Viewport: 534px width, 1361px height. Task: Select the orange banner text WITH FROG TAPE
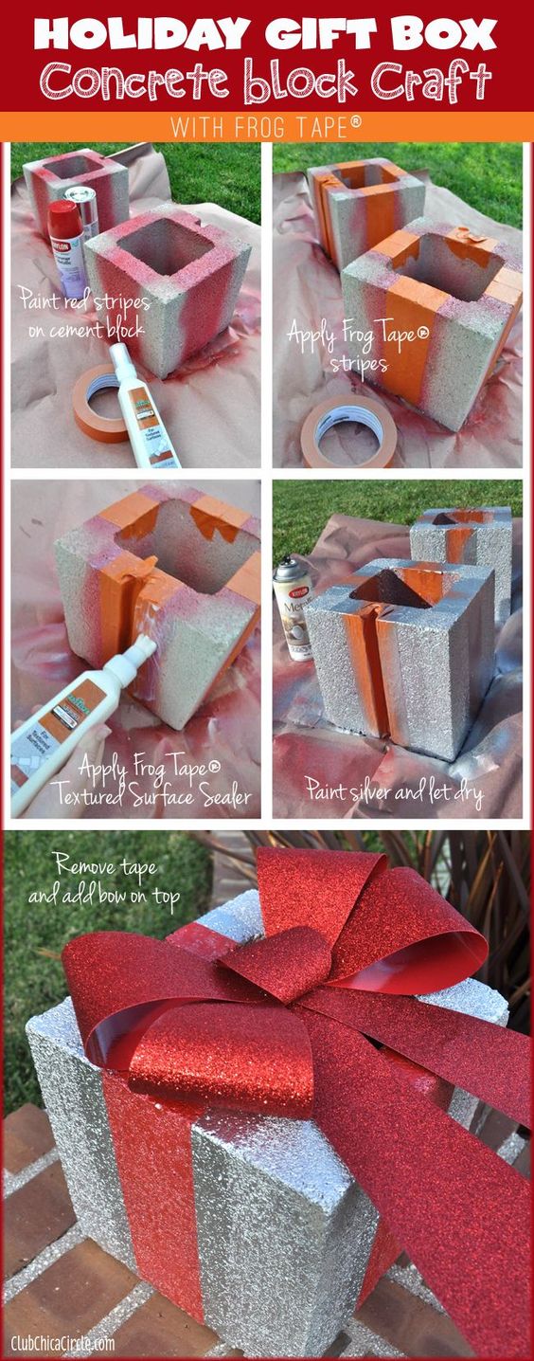[x=266, y=126]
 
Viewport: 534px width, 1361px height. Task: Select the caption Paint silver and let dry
[x=393, y=789]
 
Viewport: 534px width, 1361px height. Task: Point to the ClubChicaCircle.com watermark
[x=64, y=1341]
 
